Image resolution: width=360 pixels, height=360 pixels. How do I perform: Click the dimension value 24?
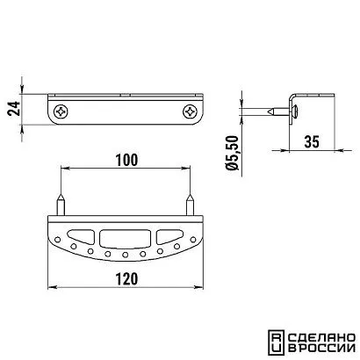[x=14, y=109]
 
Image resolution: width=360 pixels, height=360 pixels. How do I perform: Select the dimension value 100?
[x=126, y=160]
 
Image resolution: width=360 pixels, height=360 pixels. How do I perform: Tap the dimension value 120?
[x=126, y=279]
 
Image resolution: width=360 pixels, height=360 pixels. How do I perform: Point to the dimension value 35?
[x=312, y=142]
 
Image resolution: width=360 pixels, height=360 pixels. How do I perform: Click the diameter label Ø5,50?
[x=234, y=153]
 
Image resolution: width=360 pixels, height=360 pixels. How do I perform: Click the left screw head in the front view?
[x=61, y=112]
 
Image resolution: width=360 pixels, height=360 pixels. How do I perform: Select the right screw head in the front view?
[x=190, y=112]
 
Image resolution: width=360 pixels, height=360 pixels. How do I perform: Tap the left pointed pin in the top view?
[x=61, y=205]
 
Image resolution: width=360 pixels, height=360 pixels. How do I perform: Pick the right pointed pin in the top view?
[x=191, y=205]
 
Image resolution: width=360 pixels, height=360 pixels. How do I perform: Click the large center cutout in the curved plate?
[x=125, y=238]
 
